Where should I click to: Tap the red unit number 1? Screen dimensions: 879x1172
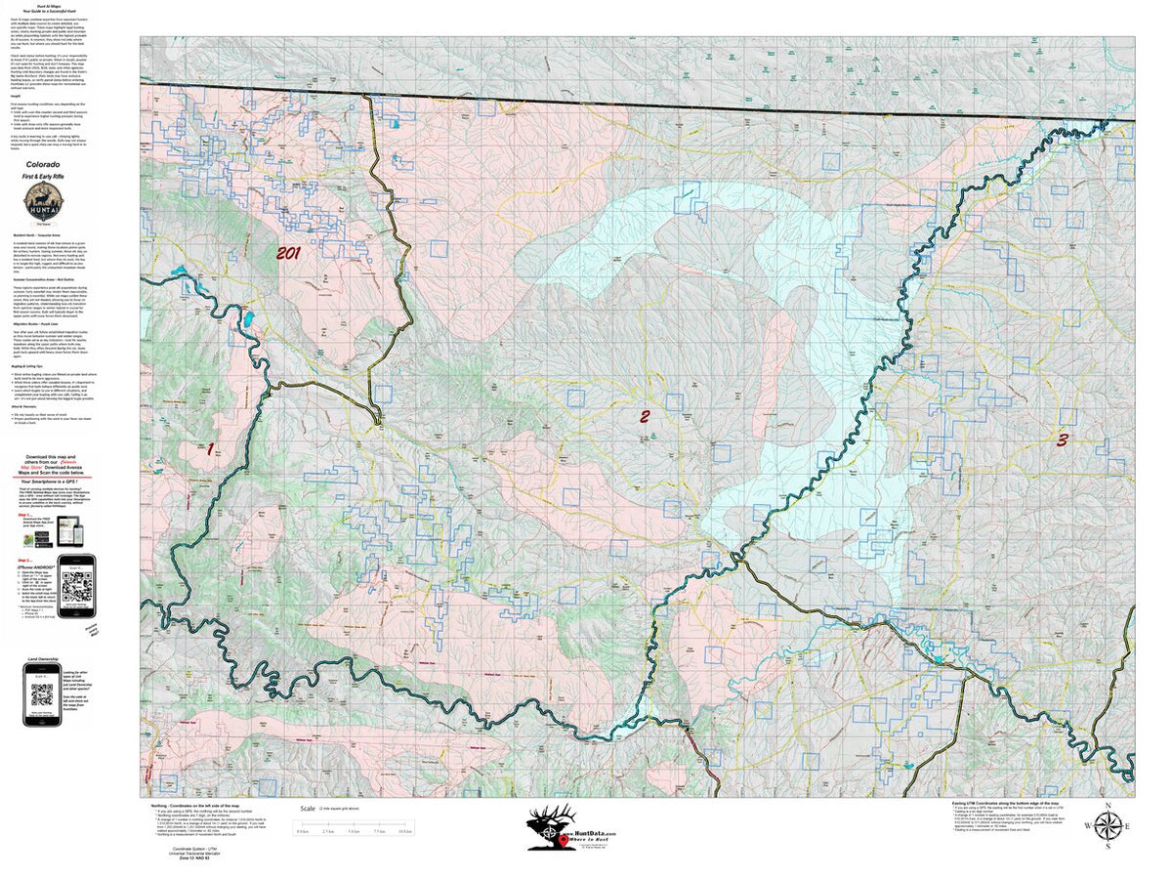[208, 449]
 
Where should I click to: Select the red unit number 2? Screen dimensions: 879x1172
[645, 417]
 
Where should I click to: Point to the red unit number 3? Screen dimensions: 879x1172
[1063, 439]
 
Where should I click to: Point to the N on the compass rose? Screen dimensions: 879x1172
[1108, 805]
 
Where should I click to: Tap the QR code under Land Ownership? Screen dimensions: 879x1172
[42, 694]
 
